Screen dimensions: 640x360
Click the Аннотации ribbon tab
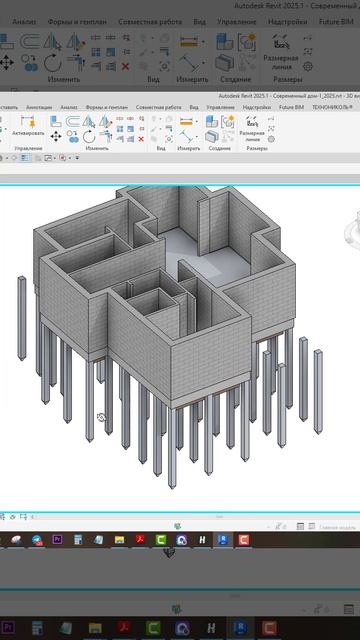39,106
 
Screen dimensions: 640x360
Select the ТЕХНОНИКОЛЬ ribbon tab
331,106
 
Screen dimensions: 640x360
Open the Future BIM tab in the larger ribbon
337,20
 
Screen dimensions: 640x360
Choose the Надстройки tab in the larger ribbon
288,20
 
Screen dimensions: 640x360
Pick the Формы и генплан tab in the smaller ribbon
106,106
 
